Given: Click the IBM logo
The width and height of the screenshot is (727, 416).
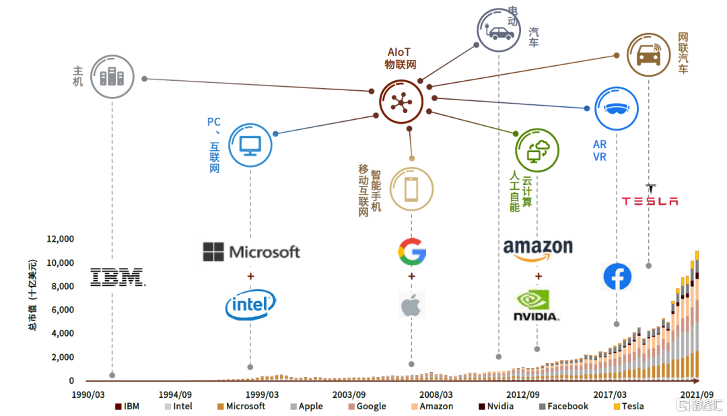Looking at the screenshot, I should coord(118,277).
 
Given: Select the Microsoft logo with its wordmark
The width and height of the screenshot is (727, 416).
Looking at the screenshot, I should coord(251,252).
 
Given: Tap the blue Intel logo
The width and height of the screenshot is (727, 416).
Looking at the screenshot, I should coord(250,305).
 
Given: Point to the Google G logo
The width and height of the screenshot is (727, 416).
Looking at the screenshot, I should coord(411,252).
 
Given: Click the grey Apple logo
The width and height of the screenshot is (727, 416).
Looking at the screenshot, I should coord(411,304).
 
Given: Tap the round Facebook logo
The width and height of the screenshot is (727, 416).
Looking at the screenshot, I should coord(617,277).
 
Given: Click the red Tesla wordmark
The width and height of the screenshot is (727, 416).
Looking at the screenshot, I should coord(649,201).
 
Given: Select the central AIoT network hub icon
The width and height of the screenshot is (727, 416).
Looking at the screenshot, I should coord(401,102).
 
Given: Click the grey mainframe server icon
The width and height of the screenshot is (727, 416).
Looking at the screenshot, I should coord(112,77).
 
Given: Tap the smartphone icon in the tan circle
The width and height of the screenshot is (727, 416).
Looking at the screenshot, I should coord(411,189).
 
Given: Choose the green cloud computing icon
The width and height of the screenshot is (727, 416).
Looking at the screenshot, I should coord(537,149).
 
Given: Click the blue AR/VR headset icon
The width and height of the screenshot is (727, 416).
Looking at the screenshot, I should coord(617,108).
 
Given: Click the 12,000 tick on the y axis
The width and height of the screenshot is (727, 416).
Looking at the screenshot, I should coord(59,239).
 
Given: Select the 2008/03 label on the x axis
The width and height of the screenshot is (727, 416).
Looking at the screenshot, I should coord(437,394).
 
